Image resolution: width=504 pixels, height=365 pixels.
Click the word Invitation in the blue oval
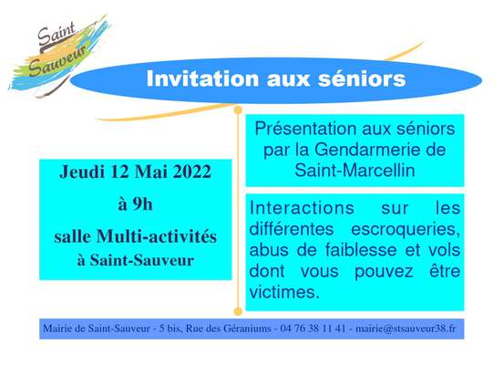[x=202, y=78]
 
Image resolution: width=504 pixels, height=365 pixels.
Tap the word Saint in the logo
[x=57, y=34]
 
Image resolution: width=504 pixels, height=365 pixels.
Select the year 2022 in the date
[x=192, y=172]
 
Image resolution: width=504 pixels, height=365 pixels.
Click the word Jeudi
[x=82, y=172]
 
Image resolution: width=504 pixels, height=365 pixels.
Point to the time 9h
[x=142, y=204]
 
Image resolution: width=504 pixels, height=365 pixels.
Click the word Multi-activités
[x=157, y=236]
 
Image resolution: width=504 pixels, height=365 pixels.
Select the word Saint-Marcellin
[x=355, y=171]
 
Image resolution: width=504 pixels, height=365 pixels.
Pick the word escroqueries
[x=405, y=230]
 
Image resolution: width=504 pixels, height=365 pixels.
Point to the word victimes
[x=284, y=292]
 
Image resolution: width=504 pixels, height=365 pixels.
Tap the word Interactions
[x=302, y=208]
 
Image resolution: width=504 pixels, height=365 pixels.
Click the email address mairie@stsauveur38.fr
[x=406, y=328]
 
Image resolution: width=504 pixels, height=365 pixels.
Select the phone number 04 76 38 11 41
[x=313, y=328]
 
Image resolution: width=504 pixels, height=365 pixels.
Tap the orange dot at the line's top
[x=238, y=110]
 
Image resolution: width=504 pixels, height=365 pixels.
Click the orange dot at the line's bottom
[x=238, y=311]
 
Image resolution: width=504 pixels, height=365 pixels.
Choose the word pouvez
[x=384, y=272]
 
